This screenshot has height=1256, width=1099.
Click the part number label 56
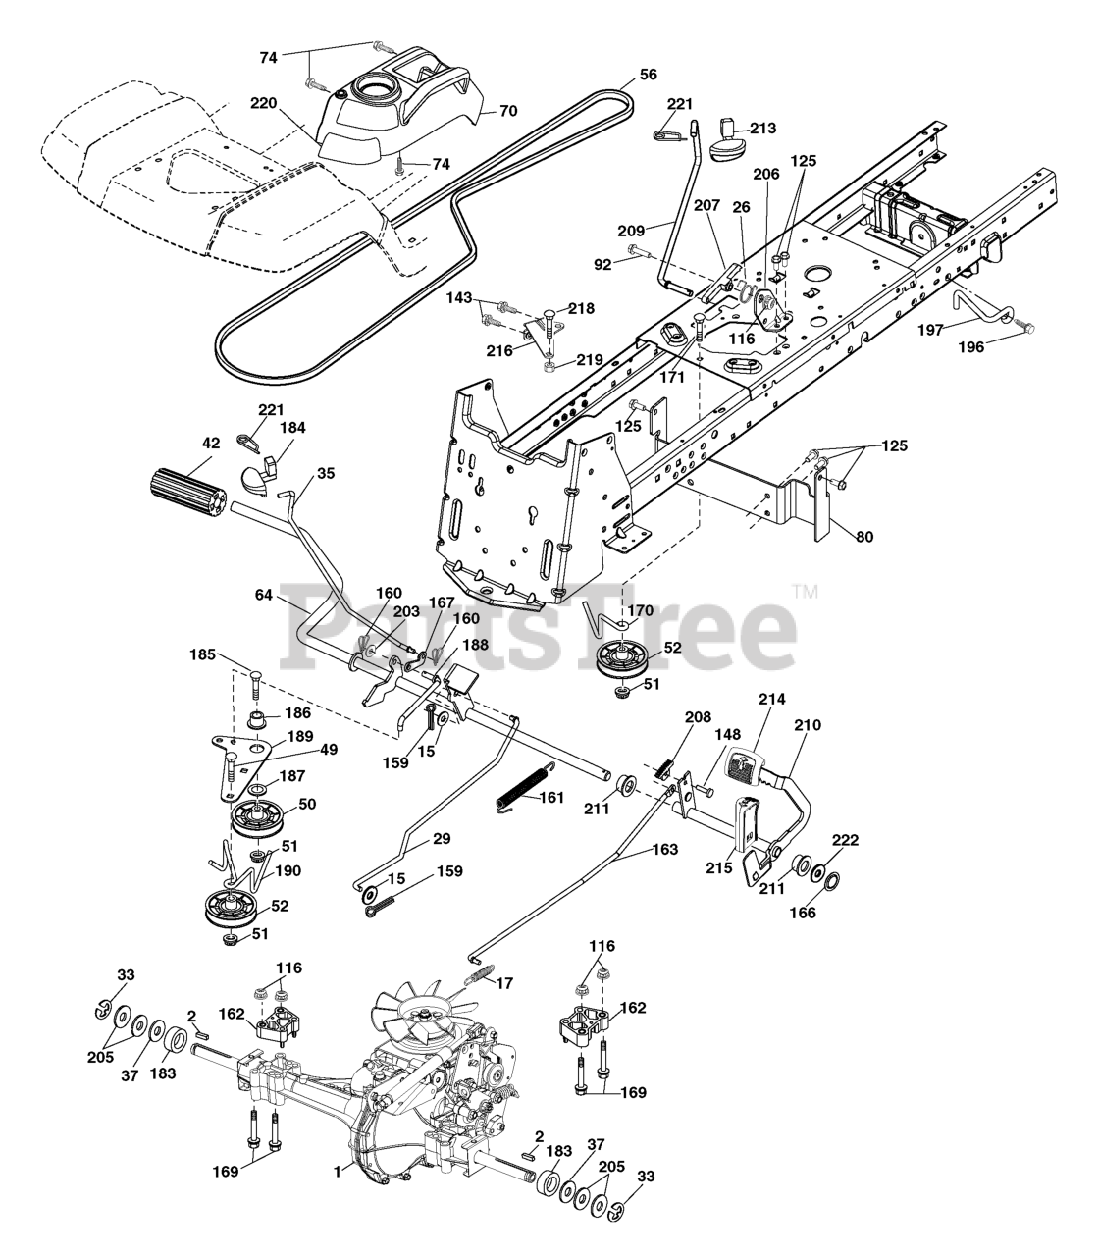pyautogui.click(x=648, y=75)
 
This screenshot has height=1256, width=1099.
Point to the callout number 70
pyautogui.click(x=507, y=111)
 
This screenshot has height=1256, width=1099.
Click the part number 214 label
pyautogui.click(x=772, y=700)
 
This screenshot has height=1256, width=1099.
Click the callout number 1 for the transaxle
pyautogui.click(x=337, y=1170)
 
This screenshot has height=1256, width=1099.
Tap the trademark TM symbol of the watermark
pyautogui.click(x=805, y=592)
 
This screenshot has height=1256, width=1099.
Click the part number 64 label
pyautogui.click(x=264, y=595)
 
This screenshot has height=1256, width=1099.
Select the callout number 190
pyautogui.click(x=288, y=870)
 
